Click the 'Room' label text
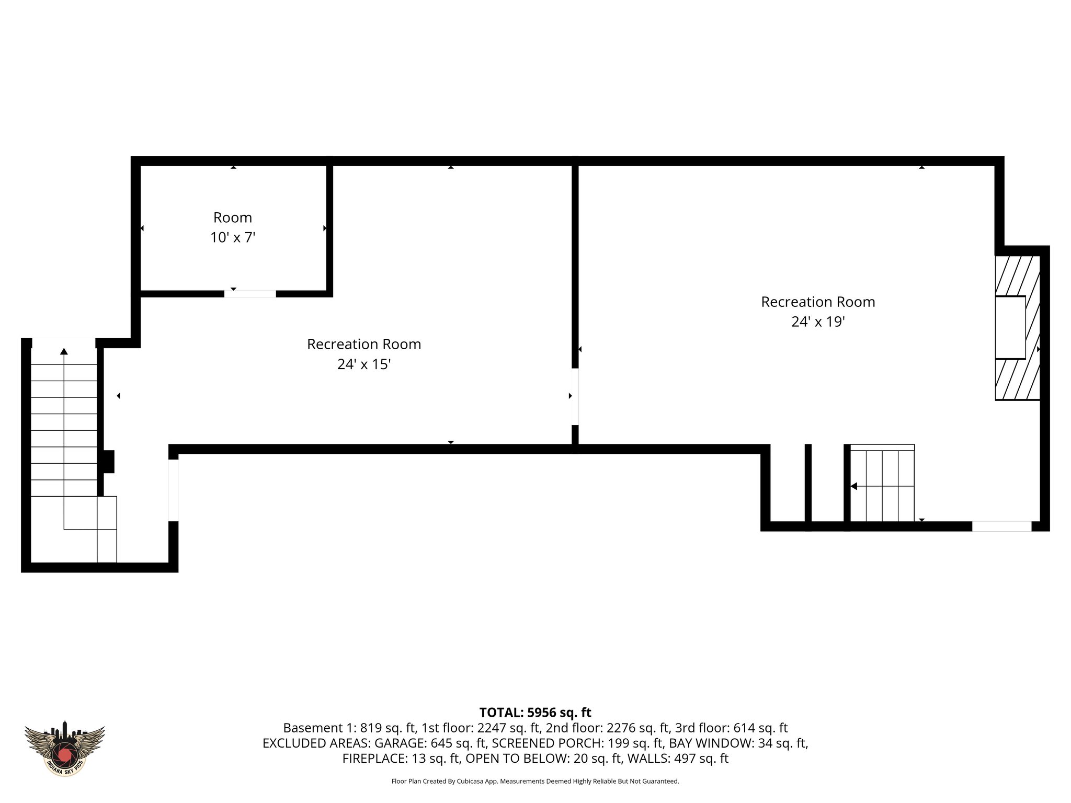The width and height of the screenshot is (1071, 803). pos(232,217)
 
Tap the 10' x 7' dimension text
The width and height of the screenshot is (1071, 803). pos(232,238)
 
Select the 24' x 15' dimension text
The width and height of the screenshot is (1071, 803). pos(364,364)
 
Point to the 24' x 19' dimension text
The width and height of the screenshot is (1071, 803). pos(818,322)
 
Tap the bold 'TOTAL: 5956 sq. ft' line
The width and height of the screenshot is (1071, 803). pos(535,713)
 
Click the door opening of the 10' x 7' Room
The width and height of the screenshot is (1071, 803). pos(250,294)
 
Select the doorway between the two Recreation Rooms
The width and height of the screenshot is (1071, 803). pos(575,397)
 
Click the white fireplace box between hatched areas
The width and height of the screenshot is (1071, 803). pos(1010,328)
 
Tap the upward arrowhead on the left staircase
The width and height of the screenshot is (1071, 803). pos(64,351)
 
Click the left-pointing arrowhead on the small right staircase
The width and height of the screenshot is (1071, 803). pos(854,486)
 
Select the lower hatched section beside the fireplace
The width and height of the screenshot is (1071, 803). pos(1016,380)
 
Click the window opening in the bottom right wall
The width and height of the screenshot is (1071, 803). pos(1001,526)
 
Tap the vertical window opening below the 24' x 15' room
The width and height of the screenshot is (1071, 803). pos(173,490)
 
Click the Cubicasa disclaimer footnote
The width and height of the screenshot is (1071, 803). pos(535,782)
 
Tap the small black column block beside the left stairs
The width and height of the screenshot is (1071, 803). pos(108,462)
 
